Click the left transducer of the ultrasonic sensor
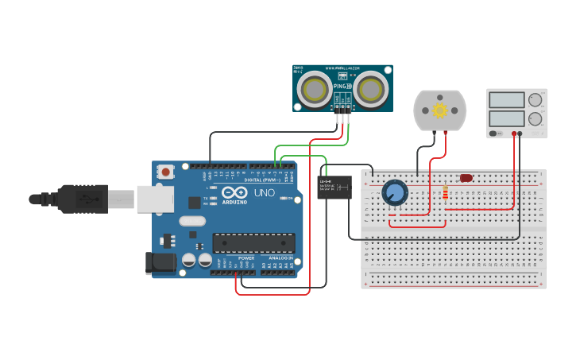(x=315, y=89)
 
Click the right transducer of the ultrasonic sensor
(x=370, y=89)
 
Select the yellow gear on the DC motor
(x=439, y=110)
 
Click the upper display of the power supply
(x=506, y=100)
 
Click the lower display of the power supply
(x=506, y=118)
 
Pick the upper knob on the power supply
(x=535, y=100)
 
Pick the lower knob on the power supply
(x=535, y=118)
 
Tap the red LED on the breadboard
(x=466, y=178)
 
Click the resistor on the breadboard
(x=445, y=193)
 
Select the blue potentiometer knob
(x=394, y=192)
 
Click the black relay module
(x=334, y=188)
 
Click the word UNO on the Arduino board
(x=264, y=193)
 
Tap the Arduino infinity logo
(x=234, y=192)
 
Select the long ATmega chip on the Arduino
(x=253, y=243)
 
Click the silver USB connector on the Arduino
(x=154, y=199)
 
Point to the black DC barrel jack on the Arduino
(x=160, y=263)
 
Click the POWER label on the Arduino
(x=246, y=258)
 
